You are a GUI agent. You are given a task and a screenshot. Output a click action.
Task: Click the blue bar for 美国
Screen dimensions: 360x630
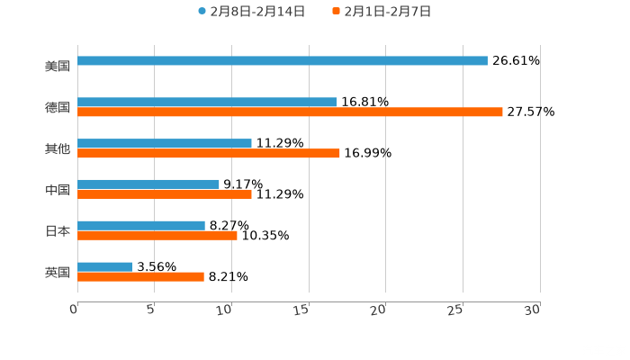coord(283,61)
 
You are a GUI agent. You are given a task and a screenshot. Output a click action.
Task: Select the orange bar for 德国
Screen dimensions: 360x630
coord(290,112)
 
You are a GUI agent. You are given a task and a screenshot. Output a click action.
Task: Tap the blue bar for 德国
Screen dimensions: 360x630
coord(207,102)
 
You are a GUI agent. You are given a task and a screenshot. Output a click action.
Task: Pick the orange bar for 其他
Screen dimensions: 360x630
coord(209,153)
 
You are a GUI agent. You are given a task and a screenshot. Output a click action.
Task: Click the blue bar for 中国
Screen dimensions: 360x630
coord(148,184)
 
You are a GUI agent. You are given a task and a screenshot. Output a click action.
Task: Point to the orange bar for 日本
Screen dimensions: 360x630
coord(157,235)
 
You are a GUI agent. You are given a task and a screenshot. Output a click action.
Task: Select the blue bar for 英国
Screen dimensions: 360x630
coord(105,266)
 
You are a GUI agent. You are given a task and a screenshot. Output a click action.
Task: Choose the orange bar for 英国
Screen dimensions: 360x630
coord(140,276)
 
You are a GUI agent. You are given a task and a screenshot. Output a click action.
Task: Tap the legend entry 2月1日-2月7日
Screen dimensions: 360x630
coord(387,12)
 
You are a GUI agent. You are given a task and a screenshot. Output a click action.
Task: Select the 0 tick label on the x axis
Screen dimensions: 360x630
coord(75,310)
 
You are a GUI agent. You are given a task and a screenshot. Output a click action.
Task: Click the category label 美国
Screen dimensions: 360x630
coord(58,66)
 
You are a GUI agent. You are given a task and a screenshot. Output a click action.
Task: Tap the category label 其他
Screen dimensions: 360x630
coord(58,148)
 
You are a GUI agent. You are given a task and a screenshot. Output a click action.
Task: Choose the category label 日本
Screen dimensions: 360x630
coord(58,230)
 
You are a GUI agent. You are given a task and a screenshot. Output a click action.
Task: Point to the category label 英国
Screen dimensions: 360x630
coord(58,272)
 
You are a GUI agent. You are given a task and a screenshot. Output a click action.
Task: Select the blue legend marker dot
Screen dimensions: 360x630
coord(202,12)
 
